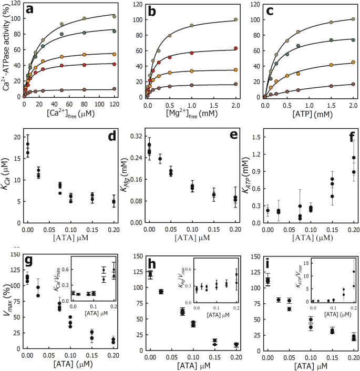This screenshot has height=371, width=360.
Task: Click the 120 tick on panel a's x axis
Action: [114, 104]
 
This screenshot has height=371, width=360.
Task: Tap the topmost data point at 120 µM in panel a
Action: [114, 17]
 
